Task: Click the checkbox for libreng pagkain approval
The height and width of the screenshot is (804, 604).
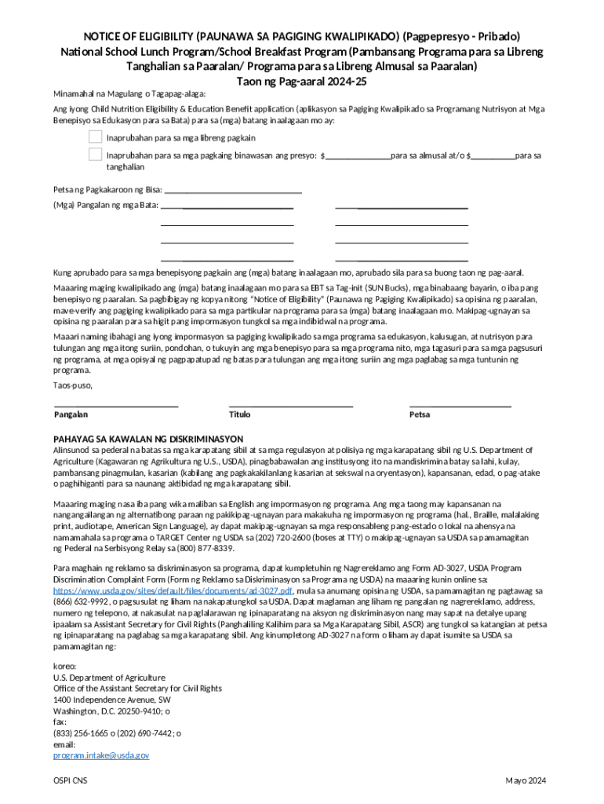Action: click(95, 137)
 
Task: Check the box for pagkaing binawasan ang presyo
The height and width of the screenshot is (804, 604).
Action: click(95, 153)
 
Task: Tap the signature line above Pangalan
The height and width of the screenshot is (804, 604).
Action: click(115, 405)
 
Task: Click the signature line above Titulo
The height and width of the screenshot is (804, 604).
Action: click(290, 405)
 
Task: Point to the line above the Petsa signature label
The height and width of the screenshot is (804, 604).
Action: click(460, 405)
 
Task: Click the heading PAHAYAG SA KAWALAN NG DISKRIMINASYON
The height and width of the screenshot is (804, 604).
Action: click(147, 438)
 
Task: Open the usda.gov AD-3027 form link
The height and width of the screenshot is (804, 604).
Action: click(173, 590)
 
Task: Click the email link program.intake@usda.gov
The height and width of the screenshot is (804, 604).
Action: click(101, 755)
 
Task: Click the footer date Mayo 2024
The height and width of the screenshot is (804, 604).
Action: click(526, 780)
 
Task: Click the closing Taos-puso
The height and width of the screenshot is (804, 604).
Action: click(72, 386)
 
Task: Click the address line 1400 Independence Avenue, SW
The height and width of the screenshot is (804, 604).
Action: click(111, 699)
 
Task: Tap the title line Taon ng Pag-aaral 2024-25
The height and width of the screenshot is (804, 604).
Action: click(302, 81)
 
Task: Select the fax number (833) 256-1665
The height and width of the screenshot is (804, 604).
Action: click(82, 733)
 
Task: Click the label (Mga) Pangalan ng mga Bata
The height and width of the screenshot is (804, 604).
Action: click(105, 206)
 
